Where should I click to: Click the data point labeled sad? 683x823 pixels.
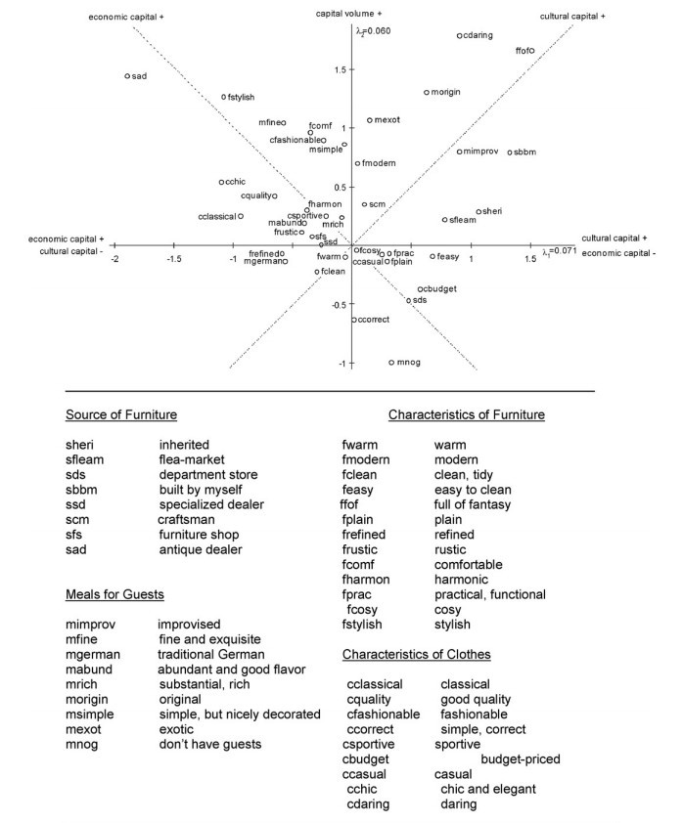tap(127, 75)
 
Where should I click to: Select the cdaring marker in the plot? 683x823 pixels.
tap(459, 36)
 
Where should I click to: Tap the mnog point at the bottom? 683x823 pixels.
tap(391, 362)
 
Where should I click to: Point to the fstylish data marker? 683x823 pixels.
tap(224, 97)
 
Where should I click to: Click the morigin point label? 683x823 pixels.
tap(446, 92)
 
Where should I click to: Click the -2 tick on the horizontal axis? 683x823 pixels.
tap(115, 259)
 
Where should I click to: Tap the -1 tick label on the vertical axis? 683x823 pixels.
tap(341, 363)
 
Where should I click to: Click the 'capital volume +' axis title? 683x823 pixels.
tap(349, 13)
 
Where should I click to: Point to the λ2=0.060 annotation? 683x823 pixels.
tap(373, 29)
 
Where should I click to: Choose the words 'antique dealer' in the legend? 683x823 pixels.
tap(201, 550)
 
